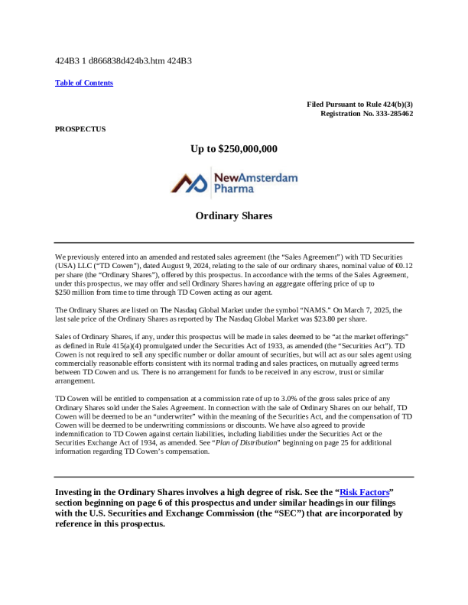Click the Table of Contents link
[84, 82]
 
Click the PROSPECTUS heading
[80, 129]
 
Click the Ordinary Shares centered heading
[234, 216]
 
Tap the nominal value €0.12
[402, 264]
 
